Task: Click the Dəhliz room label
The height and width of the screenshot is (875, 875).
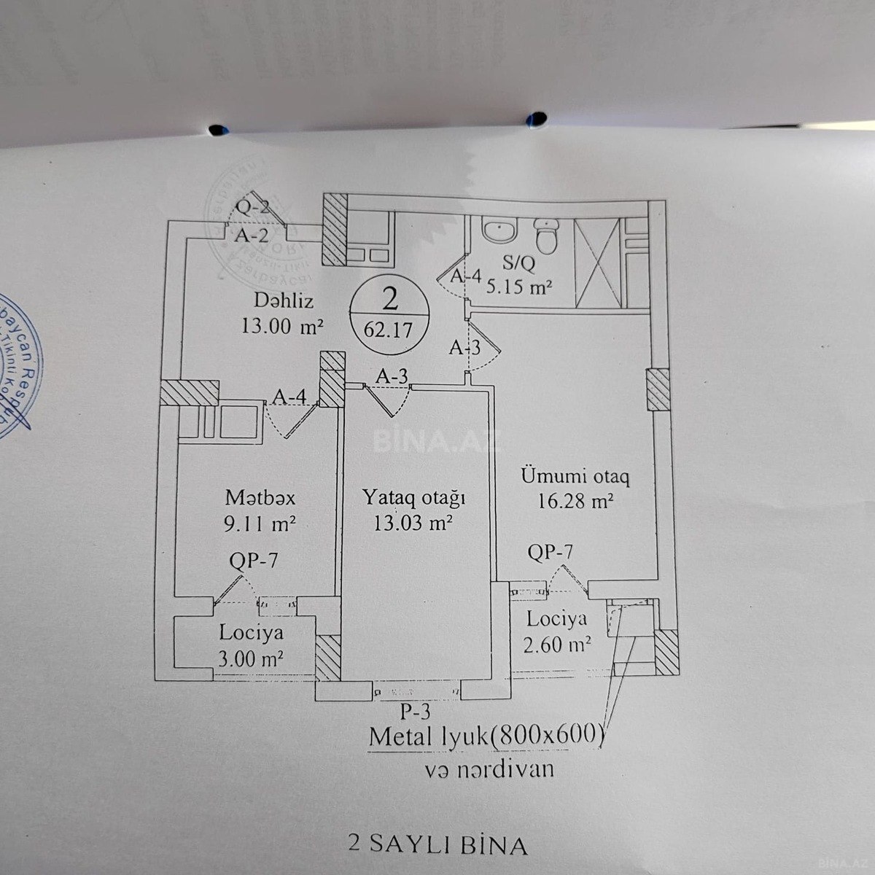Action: pos(280,300)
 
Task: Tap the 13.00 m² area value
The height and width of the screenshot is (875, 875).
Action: pos(281,325)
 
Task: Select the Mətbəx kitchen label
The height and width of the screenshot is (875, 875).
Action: pos(260,498)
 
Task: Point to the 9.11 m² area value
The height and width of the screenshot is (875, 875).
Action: pos(260,524)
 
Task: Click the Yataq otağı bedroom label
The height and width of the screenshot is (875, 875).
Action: pos(413,498)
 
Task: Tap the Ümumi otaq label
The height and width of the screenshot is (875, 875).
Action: pos(575,477)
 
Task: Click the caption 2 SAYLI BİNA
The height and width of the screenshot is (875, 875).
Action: pos(437,845)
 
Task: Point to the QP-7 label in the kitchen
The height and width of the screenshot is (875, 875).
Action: pos(253,561)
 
